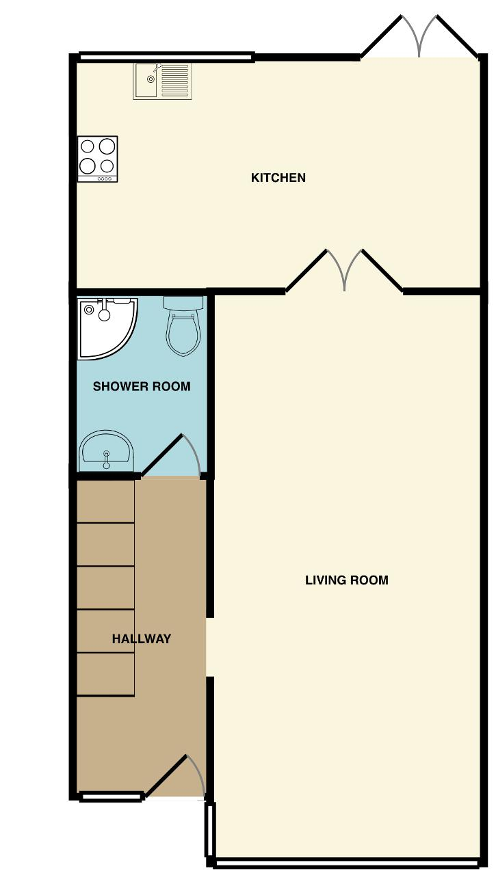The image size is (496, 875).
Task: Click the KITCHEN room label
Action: point(278,178)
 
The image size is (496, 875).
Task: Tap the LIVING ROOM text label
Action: point(347,580)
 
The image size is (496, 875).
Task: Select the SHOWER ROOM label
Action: point(142,386)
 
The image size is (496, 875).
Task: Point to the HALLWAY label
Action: point(142,638)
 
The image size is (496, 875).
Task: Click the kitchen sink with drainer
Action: point(163,81)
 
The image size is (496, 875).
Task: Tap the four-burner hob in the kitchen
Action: point(98,159)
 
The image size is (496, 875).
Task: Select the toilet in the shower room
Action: point(184,326)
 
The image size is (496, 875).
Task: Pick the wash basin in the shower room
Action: point(106,451)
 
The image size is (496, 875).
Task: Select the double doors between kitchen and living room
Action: point(344,270)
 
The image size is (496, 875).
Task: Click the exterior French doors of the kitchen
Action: point(419,36)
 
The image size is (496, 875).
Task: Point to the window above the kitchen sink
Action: point(166,57)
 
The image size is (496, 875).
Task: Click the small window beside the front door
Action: point(111,796)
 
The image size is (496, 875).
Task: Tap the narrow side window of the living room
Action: point(211,829)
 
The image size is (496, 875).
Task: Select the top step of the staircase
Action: point(105,501)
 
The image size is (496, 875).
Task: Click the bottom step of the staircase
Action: point(105,674)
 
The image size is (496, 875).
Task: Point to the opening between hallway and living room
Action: point(210,647)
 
